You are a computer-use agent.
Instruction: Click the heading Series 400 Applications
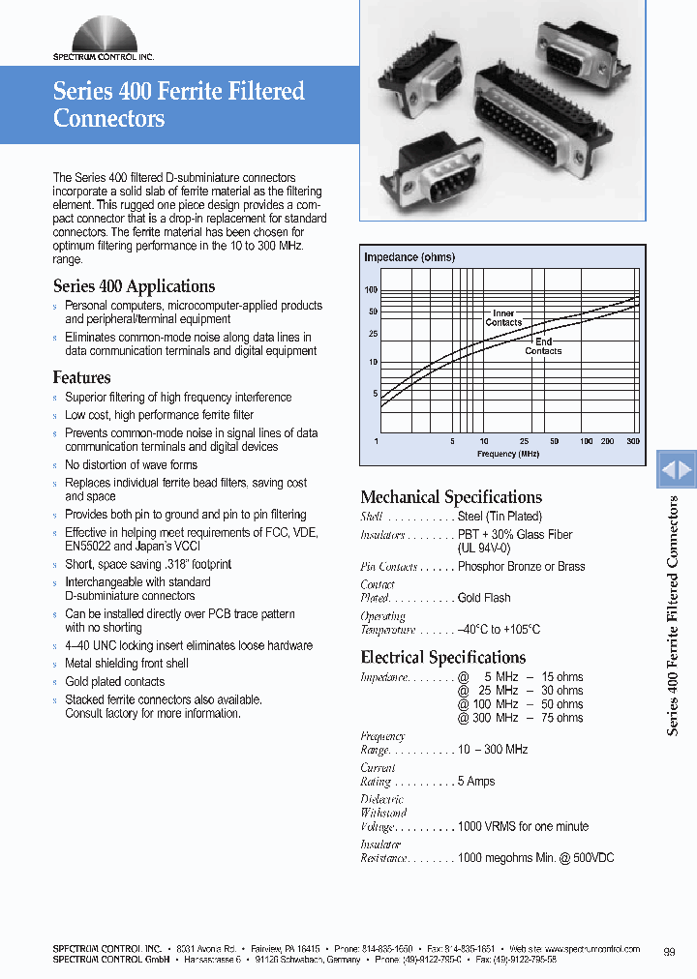click(x=134, y=286)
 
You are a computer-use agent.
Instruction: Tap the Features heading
click(x=81, y=377)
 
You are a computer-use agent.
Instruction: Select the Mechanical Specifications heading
click(x=451, y=497)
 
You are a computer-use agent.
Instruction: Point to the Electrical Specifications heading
click(x=443, y=658)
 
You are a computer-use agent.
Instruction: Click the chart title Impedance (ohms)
click(x=409, y=257)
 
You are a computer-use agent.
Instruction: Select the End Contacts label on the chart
click(x=543, y=346)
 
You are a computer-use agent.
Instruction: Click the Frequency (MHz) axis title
click(x=508, y=454)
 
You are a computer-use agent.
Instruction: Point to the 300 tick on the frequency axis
click(x=633, y=441)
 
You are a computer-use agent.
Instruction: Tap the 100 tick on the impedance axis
click(x=371, y=290)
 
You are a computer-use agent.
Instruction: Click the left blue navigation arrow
click(x=668, y=471)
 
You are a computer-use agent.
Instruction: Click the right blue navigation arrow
click(x=685, y=471)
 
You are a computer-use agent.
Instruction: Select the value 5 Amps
click(x=476, y=782)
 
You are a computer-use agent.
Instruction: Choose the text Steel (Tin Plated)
click(x=500, y=517)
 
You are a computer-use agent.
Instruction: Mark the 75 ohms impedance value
click(x=562, y=718)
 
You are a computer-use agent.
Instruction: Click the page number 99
click(x=670, y=953)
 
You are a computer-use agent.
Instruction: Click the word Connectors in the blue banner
click(x=108, y=119)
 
